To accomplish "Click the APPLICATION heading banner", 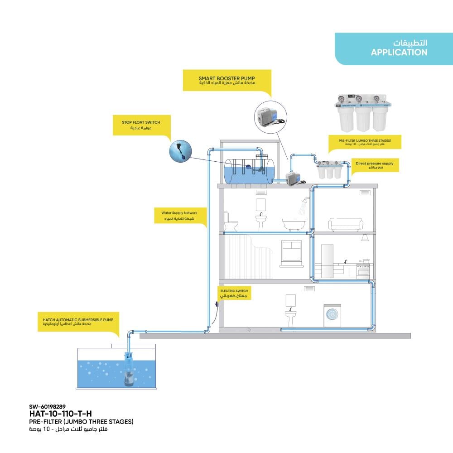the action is click(394, 48).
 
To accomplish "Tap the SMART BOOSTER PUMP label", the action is click(227, 80).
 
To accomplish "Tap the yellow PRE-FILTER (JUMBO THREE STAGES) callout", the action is click(365, 142).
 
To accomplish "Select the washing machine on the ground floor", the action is click(332, 315).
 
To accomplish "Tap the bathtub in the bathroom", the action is click(294, 225).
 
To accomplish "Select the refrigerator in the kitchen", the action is click(327, 261).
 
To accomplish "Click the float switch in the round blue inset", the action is click(181, 151).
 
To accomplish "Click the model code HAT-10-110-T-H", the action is click(60, 414).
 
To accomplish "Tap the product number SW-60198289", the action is click(48, 407).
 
